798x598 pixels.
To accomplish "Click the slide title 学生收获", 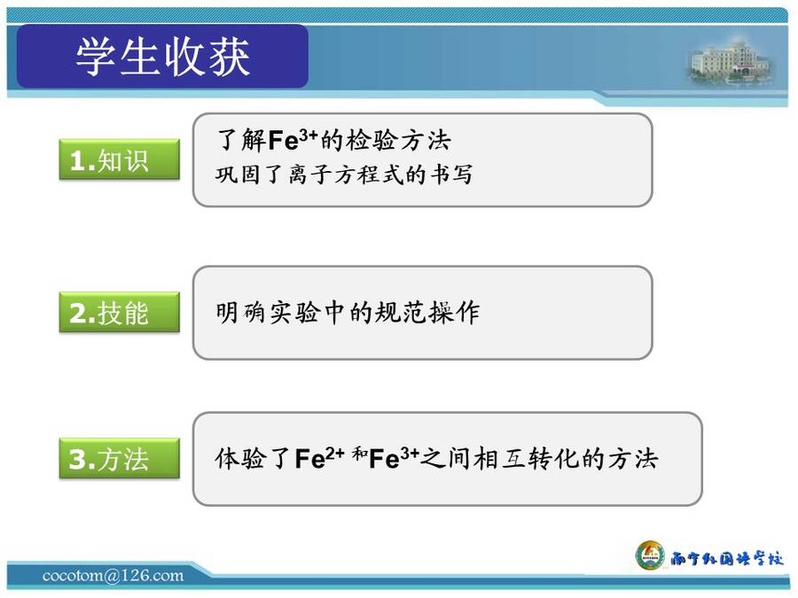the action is coord(163,57).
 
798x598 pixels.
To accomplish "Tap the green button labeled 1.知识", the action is coord(120,159).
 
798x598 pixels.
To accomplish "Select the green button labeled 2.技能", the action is coord(120,312).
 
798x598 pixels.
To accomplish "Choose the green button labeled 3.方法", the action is coord(120,458).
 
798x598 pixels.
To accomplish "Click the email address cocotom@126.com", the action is coord(113,575).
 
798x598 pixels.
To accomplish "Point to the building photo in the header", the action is coord(731,62).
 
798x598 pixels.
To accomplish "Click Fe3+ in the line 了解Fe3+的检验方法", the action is coord(293,139).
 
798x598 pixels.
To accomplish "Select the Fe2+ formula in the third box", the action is coord(319,458).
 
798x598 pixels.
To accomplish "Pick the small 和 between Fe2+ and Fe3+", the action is coord(359,453).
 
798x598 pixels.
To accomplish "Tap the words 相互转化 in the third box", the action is coord(526,458).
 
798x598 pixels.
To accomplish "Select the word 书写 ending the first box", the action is coord(451,175).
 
